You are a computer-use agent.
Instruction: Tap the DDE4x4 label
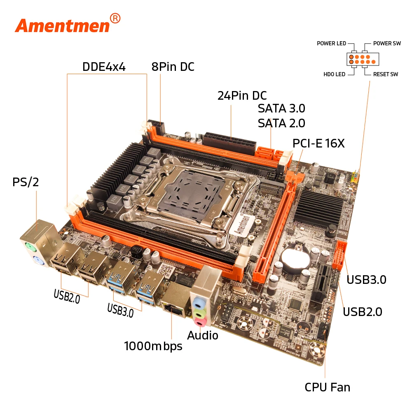coord(104,67)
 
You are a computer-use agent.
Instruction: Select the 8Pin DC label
coord(173,67)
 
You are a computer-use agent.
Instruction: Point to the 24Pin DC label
coord(242,96)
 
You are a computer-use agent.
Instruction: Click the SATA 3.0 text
coord(281,108)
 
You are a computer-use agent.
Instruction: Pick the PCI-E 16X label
coord(318,143)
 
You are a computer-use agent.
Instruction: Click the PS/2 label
coord(26,182)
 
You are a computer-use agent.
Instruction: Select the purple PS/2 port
coord(37,261)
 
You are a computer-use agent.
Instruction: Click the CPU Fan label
coord(328,387)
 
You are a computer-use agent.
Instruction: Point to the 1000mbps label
coord(153,346)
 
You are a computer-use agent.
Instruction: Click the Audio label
coord(203,335)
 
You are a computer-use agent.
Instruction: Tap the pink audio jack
coord(200,321)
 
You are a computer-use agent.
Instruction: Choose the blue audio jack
coord(198,303)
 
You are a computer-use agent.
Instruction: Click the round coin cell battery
coord(295,258)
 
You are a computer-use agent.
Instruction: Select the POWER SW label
coord(387,43)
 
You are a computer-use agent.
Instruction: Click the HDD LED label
coord(334,74)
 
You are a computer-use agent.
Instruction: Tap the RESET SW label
coord(386,74)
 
